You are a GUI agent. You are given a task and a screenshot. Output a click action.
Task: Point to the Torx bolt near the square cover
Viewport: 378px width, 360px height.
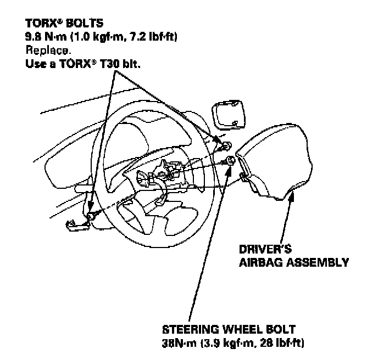pyautogui.click(x=225, y=144)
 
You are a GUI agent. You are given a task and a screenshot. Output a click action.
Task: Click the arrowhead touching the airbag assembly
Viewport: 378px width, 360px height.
pyautogui.click(x=291, y=196)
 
